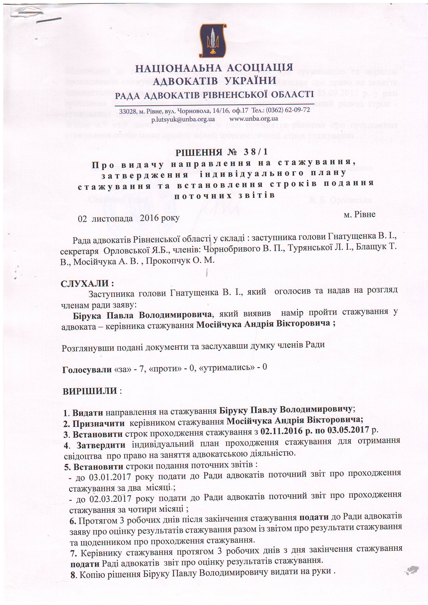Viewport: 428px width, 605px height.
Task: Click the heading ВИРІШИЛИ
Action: point(90,391)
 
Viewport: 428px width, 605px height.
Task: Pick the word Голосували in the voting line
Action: point(87,370)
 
